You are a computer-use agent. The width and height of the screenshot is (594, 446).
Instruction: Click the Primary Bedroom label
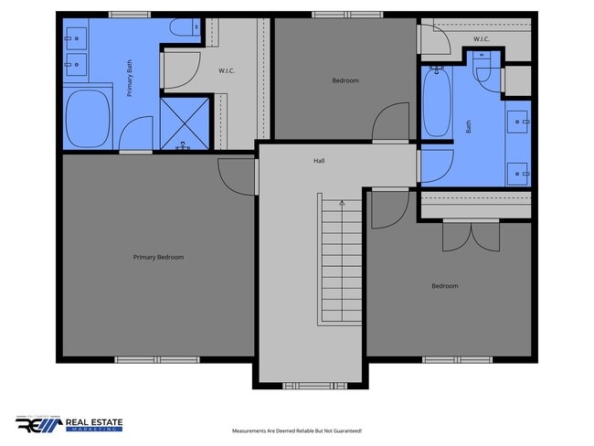(x=158, y=257)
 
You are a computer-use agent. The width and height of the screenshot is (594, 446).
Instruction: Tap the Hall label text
(x=319, y=161)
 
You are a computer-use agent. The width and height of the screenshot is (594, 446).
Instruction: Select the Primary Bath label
(x=131, y=77)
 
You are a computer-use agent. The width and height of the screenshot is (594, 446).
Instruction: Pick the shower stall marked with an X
(x=179, y=123)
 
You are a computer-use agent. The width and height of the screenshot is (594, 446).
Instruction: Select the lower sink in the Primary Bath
(x=75, y=65)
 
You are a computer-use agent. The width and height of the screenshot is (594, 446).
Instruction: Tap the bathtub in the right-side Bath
(x=437, y=103)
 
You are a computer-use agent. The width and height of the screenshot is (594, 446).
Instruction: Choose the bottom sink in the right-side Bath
(x=520, y=171)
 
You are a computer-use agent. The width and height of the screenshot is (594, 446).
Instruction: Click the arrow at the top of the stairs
(x=342, y=202)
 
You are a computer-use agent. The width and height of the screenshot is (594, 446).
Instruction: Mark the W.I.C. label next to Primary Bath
(x=228, y=70)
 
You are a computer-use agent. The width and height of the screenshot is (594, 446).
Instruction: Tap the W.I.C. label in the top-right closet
(x=482, y=38)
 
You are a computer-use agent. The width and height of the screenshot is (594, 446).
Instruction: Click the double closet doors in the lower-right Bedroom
(x=471, y=236)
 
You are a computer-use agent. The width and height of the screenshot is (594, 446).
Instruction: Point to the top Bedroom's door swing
(x=391, y=122)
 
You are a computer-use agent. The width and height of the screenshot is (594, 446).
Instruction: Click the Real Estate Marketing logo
(x=69, y=424)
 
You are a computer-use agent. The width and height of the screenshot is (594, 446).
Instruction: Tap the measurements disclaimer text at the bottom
(x=297, y=430)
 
